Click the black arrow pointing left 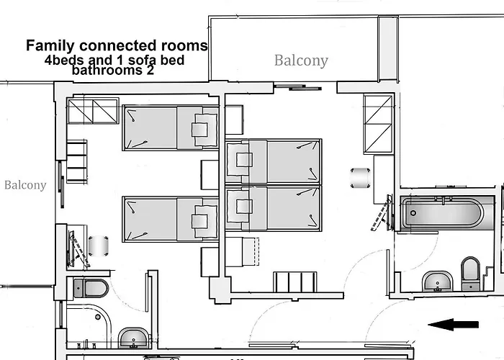tap(454, 324)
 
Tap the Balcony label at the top tap(301, 60)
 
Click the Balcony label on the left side tap(25, 185)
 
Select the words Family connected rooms tap(117, 45)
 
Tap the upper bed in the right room tap(273, 161)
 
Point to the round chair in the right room tap(360, 176)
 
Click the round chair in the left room tap(99, 246)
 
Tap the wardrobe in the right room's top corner tap(377, 124)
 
